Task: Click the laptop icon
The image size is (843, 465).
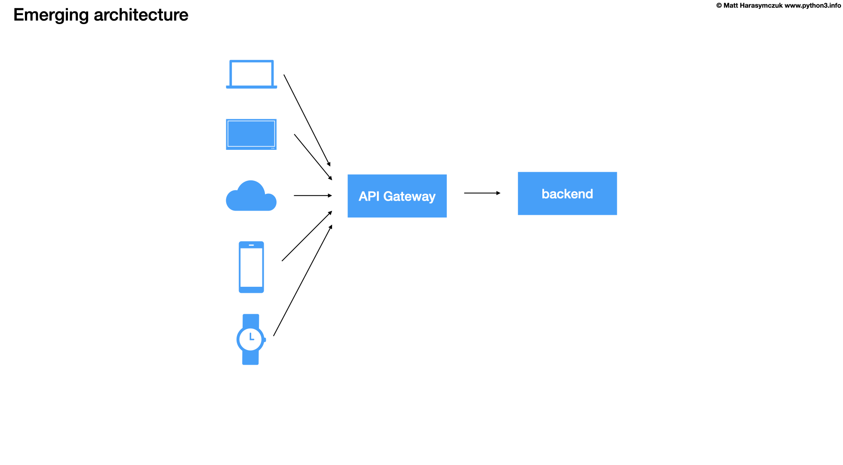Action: tap(252, 74)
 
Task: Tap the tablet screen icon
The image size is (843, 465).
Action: tap(251, 134)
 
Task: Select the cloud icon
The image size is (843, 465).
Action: tap(251, 197)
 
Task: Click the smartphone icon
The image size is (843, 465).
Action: tap(251, 267)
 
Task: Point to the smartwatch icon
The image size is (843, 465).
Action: tap(251, 340)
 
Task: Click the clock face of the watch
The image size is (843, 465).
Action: tap(251, 339)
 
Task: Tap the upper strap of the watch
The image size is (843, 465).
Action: tap(251, 320)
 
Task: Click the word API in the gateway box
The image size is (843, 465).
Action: tap(369, 196)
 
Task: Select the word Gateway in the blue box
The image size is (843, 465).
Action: tap(409, 196)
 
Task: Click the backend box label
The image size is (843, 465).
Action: tap(567, 194)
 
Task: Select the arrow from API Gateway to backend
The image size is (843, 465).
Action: tap(482, 193)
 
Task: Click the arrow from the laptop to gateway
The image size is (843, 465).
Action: tap(307, 120)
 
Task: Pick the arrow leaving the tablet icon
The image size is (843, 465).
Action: tap(313, 157)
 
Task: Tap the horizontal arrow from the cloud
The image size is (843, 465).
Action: tap(313, 195)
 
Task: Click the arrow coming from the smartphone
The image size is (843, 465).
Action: tap(307, 236)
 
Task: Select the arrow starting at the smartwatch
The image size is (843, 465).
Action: tap(303, 280)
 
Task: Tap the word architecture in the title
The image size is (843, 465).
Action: tap(141, 15)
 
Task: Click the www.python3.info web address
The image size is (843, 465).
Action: tap(812, 6)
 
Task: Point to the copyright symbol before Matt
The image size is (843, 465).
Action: tap(719, 6)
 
